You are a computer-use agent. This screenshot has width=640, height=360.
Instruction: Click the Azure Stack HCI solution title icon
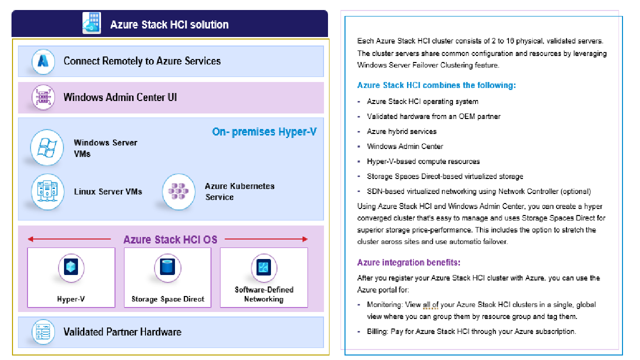(91, 23)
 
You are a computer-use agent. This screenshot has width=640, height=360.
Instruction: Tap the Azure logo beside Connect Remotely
(43, 61)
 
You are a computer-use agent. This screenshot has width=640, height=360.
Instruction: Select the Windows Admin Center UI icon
(43, 97)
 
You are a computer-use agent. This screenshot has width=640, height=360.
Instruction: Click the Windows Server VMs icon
(47, 147)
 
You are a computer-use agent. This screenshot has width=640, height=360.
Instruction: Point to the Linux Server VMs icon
(47, 191)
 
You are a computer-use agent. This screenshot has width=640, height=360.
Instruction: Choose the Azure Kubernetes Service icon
(178, 191)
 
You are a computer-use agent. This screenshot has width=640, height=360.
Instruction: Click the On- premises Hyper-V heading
(264, 132)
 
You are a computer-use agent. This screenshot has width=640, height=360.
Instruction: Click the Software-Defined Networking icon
(263, 267)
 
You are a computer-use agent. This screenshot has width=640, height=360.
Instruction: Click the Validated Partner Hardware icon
(43, 332)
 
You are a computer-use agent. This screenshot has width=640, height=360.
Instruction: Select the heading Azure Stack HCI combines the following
(436, 85)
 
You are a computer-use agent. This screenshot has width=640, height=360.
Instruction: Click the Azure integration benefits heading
(408, 262)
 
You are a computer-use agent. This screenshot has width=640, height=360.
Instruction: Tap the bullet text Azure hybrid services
(401, 131)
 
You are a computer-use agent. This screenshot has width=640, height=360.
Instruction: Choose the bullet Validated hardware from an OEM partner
(433, 116)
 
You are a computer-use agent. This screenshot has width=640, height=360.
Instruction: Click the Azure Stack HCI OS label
(170, 239)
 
